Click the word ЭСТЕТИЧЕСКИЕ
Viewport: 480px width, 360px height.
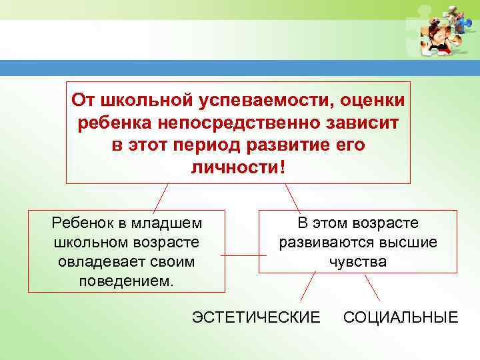pos(256,317)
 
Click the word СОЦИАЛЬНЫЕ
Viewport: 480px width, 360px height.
pos(401,317)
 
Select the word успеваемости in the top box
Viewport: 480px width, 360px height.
pos(260,101)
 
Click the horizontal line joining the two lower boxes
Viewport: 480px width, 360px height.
pos(239,255)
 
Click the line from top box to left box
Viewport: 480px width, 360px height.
pos(159,197)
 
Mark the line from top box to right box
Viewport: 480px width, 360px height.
pos(293,197)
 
